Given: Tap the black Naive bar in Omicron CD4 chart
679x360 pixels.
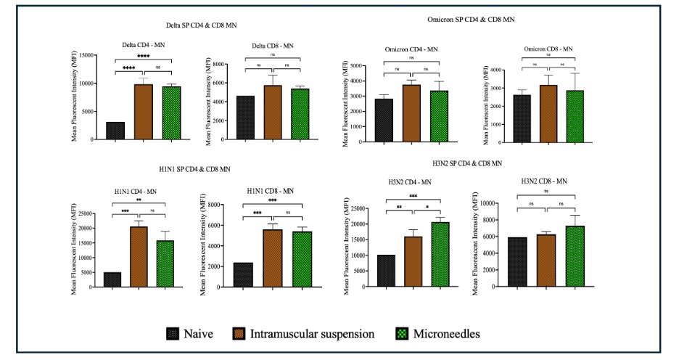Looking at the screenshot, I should click(384, 120).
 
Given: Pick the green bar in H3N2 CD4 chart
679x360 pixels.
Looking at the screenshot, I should click(440, 254).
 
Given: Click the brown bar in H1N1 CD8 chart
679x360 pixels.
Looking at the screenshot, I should click(273, 258).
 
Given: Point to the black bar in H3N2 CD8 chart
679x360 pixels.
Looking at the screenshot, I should click(517, 261).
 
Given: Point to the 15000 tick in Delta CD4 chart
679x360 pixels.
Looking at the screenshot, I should click(89, 56).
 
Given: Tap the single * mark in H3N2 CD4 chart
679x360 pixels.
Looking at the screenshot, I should click(426, 215).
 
